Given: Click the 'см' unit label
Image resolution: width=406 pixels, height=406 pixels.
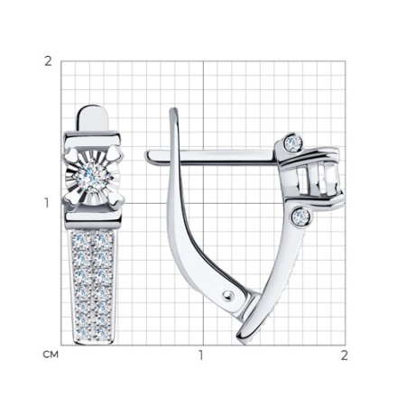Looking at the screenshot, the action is (51, 355).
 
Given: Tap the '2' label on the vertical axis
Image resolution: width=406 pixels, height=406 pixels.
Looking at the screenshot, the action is (48, 61).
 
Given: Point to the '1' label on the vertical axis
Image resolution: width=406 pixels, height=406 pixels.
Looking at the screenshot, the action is (47, 204).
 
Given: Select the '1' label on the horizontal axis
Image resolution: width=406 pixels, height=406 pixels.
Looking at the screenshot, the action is (200, 355).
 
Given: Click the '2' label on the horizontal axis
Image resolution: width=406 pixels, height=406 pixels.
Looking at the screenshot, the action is (345, 355).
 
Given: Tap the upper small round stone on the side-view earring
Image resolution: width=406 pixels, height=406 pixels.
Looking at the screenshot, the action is (293, 141).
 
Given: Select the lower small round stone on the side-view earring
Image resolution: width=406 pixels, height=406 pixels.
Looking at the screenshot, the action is (301, 217).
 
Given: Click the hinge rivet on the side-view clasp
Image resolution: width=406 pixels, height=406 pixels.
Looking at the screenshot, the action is (228, 296).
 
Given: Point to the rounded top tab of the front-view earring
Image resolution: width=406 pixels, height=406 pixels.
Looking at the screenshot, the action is (93, 118).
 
